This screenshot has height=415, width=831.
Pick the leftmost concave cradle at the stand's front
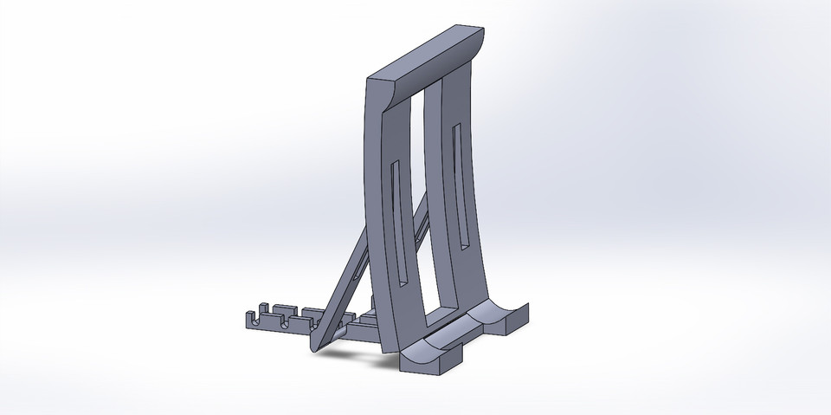[x=424, y=352]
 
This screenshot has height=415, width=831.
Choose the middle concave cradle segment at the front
[x=467, y=334]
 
